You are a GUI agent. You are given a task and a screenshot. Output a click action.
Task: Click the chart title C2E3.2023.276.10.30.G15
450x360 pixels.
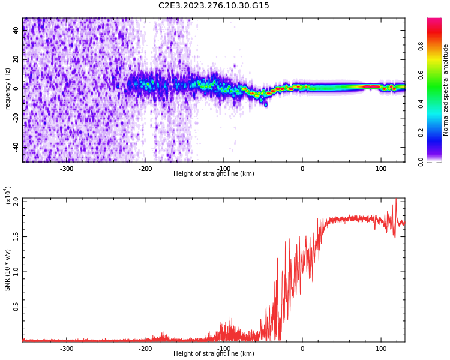click(214, 5)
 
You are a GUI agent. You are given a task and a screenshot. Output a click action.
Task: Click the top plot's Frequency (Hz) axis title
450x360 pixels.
click(8, 90)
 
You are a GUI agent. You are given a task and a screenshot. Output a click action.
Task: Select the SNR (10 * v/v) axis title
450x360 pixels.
click(8, 270)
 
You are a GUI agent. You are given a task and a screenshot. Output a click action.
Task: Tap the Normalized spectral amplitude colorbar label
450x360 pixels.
click(446, 90)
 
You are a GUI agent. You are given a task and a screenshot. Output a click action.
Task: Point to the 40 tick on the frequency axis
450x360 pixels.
click(16, 30)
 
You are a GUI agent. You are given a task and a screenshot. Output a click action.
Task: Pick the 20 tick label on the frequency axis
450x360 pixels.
click(16, 59)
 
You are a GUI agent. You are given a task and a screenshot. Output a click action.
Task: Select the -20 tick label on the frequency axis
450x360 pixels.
click(15, 118)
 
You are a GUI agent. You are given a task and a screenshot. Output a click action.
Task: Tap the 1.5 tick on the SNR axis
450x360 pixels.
click(15, 236)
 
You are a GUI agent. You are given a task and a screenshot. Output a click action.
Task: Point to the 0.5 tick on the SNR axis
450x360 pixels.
click(15, 307)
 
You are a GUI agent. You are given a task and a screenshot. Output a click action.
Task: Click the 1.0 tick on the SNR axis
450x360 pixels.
click(15, 271)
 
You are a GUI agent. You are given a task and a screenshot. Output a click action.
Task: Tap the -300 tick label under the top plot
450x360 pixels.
click(67, 169)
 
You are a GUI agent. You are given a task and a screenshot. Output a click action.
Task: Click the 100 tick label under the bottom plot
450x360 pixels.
click(381, 349)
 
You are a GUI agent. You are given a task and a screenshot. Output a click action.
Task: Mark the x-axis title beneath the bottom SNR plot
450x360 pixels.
click(214, 354)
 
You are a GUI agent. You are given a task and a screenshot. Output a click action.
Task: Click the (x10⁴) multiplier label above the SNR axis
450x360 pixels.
click(8, 195)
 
